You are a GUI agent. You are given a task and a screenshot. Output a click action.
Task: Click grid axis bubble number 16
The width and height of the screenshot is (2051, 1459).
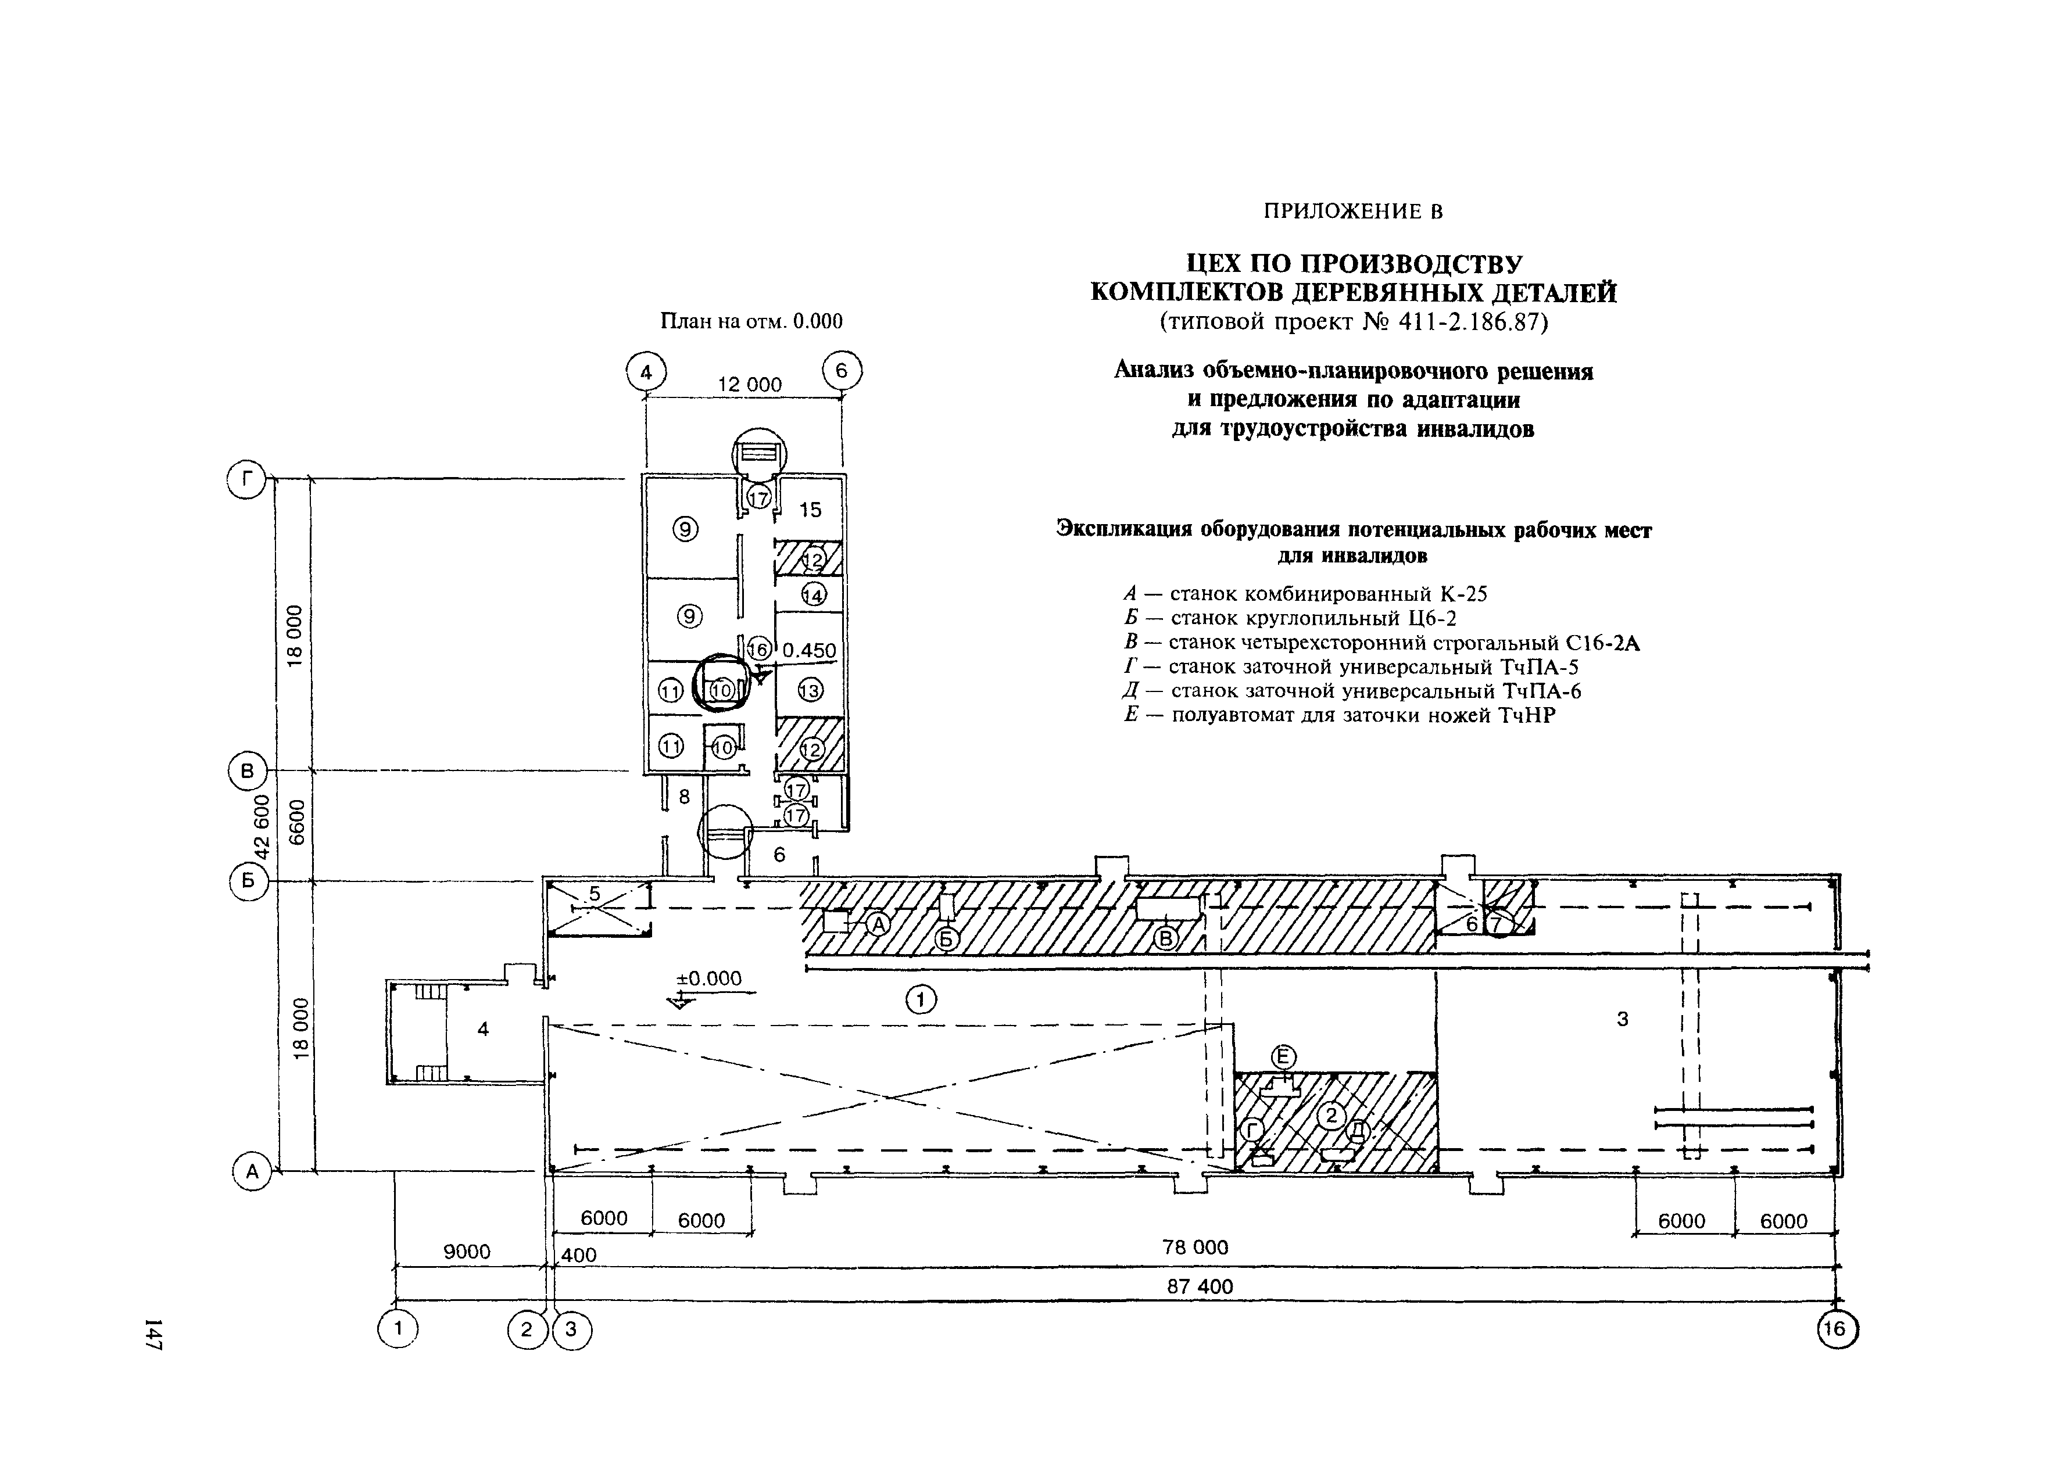(x=1837, y=1329)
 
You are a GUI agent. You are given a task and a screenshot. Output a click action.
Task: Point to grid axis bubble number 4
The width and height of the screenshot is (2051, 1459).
(x=646, y=371)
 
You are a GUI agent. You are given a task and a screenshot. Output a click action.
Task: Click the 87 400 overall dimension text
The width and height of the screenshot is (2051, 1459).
(x=1200, y=1286)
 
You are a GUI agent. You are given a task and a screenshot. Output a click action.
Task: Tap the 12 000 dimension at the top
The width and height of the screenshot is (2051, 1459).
(x=749, y=385)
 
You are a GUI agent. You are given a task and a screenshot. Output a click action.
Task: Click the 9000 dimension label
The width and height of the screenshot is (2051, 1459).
(x=467, y=1252)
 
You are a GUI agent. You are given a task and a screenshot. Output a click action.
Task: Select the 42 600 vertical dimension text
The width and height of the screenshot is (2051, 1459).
(x=262, y=825)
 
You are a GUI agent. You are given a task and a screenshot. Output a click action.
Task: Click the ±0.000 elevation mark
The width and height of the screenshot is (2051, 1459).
(x=709, y=978)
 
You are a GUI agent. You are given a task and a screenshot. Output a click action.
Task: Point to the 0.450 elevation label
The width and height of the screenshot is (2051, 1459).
(x=808, y=650)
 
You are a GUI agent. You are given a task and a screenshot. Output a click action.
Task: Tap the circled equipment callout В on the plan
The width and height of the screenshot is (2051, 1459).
(x=1165, y=939)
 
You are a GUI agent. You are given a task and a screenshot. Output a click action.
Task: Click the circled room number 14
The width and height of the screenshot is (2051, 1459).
(x=814, y=595)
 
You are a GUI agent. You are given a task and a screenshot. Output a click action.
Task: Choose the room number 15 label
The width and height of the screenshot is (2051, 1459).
(x=810, y=510)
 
